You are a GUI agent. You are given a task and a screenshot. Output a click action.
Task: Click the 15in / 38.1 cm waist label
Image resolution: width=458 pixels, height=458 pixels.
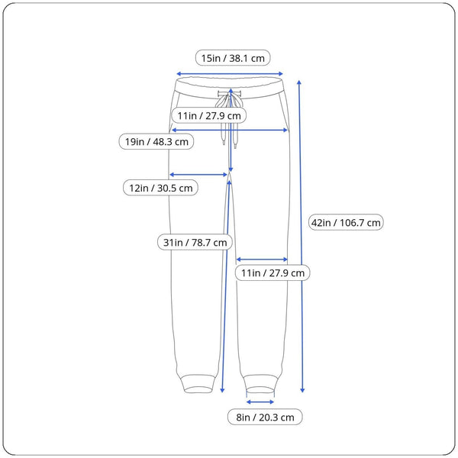coord(233,58)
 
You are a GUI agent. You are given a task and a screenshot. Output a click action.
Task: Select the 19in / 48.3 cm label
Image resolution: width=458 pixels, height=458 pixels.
coord(156,142)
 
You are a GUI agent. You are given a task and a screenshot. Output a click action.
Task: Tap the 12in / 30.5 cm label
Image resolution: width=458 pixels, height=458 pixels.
coord(160,188)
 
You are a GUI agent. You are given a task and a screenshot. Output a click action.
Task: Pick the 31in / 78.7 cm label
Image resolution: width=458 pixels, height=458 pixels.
coord(195,242)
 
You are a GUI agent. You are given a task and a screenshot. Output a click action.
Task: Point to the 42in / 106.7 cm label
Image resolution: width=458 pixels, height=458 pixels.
coord(346,222)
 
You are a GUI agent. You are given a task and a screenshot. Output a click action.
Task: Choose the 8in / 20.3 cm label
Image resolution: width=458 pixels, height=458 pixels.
coord(265,417)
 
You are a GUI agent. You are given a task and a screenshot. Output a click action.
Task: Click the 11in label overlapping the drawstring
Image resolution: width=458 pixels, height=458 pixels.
coord(209,115)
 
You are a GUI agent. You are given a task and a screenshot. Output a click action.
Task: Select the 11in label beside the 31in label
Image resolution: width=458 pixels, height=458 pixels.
coord(273,273)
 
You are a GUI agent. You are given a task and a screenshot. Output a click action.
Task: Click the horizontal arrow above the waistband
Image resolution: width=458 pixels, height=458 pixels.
coord(230,74)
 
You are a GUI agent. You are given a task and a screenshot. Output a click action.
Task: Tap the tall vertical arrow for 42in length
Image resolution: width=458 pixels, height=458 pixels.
coord(301,237)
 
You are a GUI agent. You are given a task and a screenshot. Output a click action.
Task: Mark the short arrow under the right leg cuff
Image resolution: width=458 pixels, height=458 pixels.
coord(260,402)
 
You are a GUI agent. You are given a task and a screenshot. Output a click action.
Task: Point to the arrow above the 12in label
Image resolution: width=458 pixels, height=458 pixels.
coord(198,175)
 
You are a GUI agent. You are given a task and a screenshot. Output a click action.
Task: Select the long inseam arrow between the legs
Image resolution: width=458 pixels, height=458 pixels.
coord(226,286)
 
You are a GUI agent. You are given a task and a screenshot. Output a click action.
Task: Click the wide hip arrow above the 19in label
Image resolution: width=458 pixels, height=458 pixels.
coord(230,130)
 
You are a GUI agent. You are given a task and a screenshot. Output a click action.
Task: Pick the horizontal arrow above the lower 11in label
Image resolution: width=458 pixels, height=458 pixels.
coord(262,260)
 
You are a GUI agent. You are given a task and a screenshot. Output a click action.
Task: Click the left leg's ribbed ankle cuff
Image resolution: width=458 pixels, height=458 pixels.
coord(198,384)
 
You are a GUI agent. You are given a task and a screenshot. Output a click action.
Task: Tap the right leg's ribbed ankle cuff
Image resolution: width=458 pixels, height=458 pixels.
coord(260,385)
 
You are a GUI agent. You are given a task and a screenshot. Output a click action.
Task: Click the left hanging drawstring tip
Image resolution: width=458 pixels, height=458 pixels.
coord(224,142)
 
